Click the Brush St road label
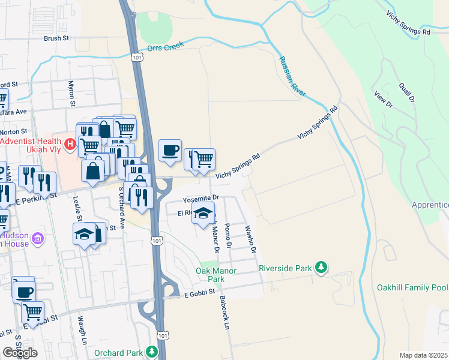(x=56, y=38)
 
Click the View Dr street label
(x=382, y=100)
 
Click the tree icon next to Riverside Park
(x=322, y=267)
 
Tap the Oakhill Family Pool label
(x=412, y=288)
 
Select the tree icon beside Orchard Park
(x=154, y=351)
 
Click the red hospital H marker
(x=70, y=144)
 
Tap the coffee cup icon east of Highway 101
(x=170, y=150)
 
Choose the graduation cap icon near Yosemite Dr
(x=203, y=213)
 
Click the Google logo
(x=20, y=353)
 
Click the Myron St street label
(x=71, y=94)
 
